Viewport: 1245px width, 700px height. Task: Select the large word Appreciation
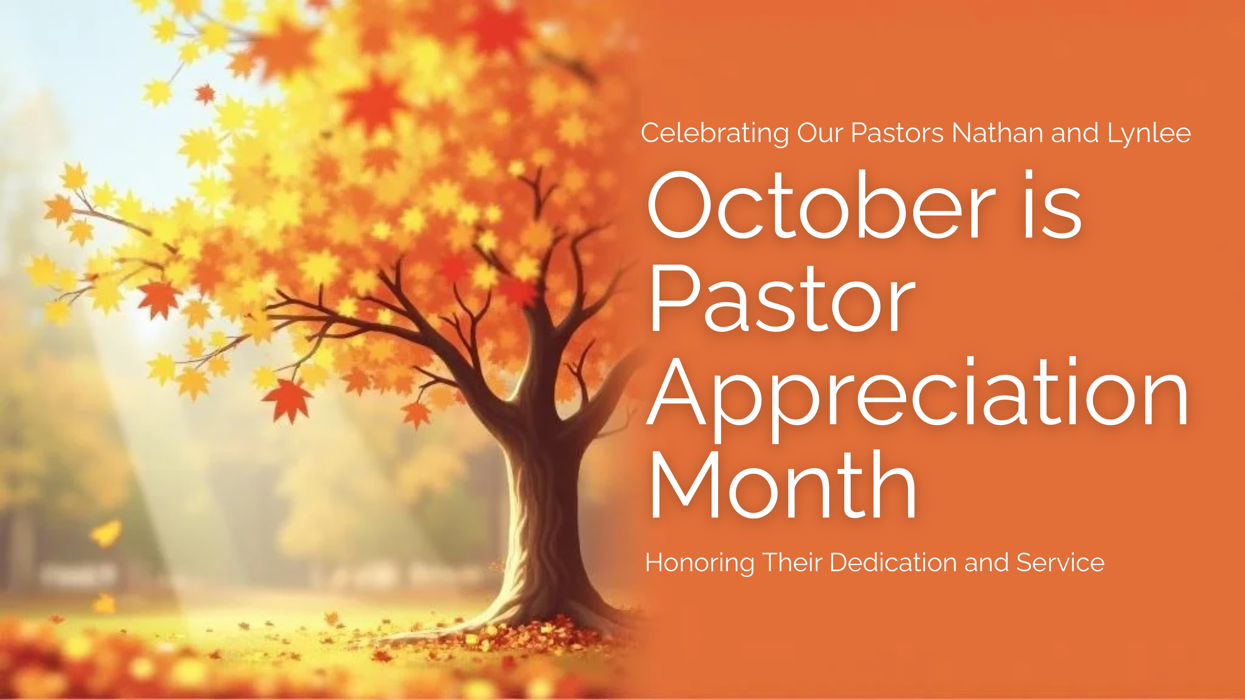(x=917, y=391)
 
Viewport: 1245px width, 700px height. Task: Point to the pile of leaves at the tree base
(x=522, y=638)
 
